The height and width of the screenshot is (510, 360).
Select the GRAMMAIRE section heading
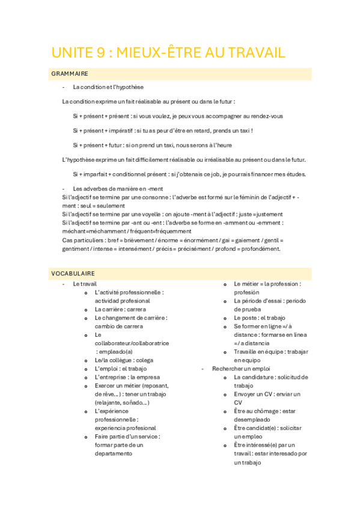coord(70,74)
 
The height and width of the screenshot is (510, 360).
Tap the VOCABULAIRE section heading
coord(73,274)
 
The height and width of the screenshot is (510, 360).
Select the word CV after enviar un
coord(239,402)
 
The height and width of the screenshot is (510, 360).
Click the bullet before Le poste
coord(225,318)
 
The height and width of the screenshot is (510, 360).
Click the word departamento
coord(114,453)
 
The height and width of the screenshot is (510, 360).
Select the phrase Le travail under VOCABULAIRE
coord(85,283)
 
